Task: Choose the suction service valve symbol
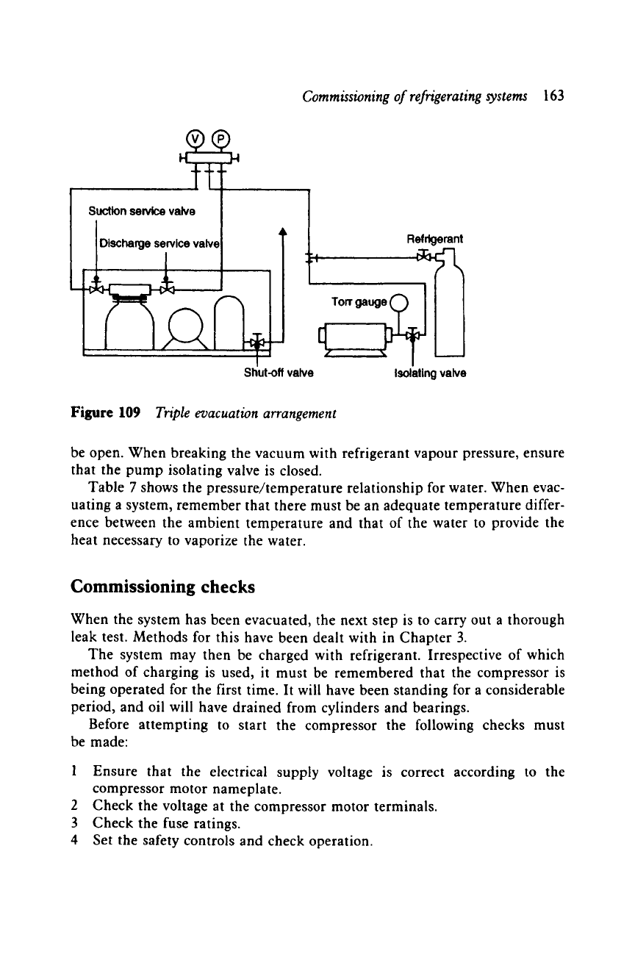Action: (x=95, y=287)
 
